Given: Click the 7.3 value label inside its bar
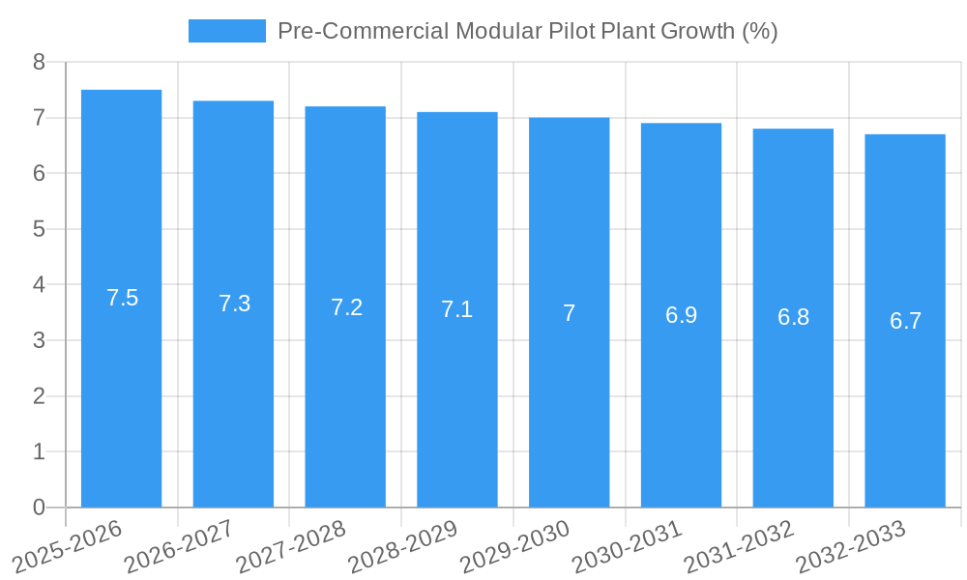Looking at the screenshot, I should point(234,304).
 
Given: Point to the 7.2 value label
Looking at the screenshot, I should point(346,307).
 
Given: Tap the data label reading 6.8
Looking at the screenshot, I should point(793,317).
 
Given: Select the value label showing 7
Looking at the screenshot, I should point(569,313).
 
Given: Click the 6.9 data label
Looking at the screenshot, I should point(681,315).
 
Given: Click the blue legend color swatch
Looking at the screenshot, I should point(226,31).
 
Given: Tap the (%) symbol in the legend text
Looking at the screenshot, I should point(759,31).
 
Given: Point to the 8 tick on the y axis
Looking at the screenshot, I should point(39,62).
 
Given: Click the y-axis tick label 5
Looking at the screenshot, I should point(39,229).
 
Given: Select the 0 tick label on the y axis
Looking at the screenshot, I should point(39,507).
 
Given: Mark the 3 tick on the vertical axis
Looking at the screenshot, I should point(39,340).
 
